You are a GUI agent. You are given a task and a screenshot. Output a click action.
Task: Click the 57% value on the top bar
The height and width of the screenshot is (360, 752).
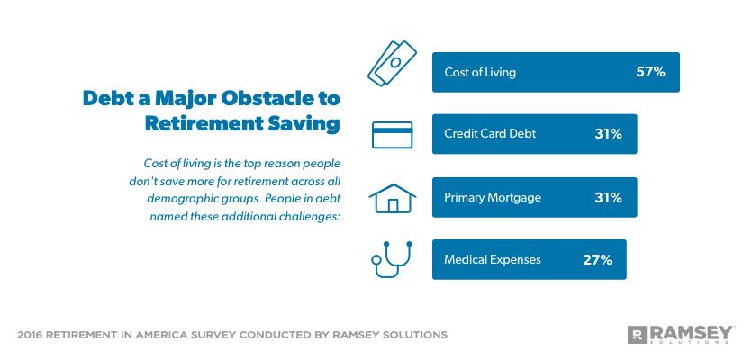(x=650, y=72)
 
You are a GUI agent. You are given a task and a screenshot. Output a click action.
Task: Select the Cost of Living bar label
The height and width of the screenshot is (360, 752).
(x=480, y=72)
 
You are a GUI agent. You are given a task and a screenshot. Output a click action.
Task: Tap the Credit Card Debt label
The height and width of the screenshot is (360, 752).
(x=490, y=134)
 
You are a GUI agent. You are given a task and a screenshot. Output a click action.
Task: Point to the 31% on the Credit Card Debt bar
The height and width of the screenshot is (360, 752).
(x=608, y=134)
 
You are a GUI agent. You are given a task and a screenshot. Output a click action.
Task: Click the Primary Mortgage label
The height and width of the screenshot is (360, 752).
(x=493, y=197)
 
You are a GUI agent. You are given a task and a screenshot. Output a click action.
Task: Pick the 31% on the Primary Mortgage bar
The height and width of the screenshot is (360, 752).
(x=608, y=197)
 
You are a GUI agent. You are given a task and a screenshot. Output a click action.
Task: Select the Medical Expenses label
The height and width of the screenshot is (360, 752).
(x=493, y=259)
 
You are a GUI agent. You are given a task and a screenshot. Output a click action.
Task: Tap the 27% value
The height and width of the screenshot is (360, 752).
(x=597, y=259)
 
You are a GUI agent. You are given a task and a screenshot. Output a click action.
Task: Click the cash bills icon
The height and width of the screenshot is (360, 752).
(x=390, y=62)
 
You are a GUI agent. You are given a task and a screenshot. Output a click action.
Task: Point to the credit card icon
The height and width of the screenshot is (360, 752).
(x=392, y=134)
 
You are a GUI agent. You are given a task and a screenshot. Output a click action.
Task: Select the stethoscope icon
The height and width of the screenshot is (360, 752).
(x=392, y=259)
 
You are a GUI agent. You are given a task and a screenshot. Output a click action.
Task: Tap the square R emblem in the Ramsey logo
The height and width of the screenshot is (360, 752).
(x=637, y=334)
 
